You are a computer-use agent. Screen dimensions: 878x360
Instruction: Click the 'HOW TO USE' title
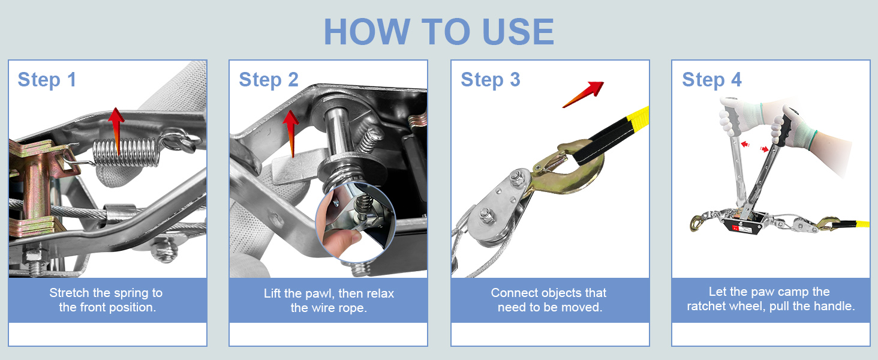(439, 32)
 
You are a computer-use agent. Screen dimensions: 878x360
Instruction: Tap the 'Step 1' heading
(47, 80)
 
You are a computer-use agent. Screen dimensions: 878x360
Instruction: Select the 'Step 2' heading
(269, 80)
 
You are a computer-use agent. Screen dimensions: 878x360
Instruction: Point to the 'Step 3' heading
(491, 80)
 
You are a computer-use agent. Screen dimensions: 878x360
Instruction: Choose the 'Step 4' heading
(712, 80)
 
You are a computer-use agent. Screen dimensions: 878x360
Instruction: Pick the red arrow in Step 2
(291, 133)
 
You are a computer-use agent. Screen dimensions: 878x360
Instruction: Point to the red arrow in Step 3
(584, 94)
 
